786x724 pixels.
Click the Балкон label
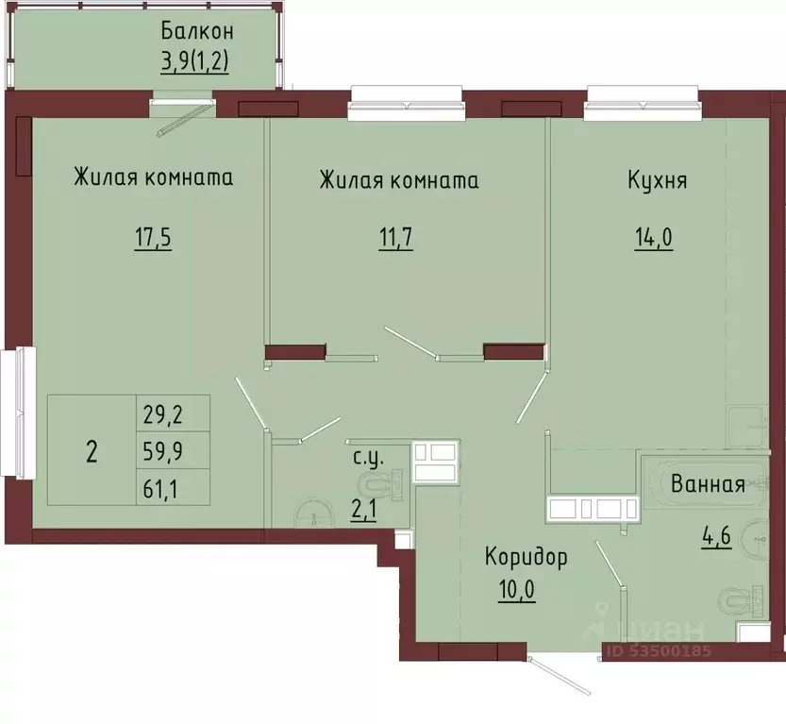[197, 31]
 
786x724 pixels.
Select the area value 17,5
[153, 237]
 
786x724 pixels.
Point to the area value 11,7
[395, 237]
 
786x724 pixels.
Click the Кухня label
[657, 180]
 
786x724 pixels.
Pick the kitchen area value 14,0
[654, 237]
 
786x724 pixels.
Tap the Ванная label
[708, 485]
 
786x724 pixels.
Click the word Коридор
[527, 557]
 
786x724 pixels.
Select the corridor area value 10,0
[517, 590]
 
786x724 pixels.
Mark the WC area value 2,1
[364, 511]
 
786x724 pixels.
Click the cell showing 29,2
[163, 414]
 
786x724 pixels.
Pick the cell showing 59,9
[163, 452]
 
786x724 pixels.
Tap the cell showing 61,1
[160, 488]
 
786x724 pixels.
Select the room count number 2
[92, 452]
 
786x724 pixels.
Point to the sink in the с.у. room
[314, 514]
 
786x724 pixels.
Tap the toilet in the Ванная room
[742, 599]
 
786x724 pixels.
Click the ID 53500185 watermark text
[659, 650]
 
